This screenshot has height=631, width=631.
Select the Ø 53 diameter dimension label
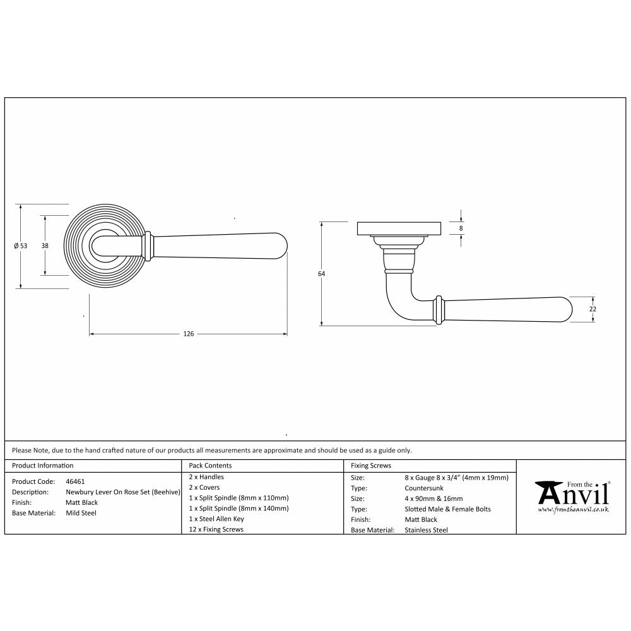coord(20,246)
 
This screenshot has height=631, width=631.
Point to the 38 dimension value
coord(45,245)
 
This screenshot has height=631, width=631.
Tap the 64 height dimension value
coord(321,274)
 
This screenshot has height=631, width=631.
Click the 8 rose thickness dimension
coord(461,228)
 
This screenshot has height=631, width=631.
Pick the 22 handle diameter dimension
coord(593,309)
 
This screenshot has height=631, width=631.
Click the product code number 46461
coord(75,481)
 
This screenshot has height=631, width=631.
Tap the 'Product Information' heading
coord(42,466)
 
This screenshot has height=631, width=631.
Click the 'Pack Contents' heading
coord(210,466)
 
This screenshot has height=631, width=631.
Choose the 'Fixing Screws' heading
coord(371,466)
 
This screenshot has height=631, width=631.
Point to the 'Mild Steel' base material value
coord(81,513)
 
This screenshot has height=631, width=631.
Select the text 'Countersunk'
coord(423,488)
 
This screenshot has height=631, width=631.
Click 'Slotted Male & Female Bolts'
coord(447,509)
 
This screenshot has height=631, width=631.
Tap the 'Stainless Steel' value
coord(426,530)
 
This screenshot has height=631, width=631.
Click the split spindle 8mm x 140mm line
coord(239,508)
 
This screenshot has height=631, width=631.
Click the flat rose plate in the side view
coord(398,228)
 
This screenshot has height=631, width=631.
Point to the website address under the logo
coord(573,509)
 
